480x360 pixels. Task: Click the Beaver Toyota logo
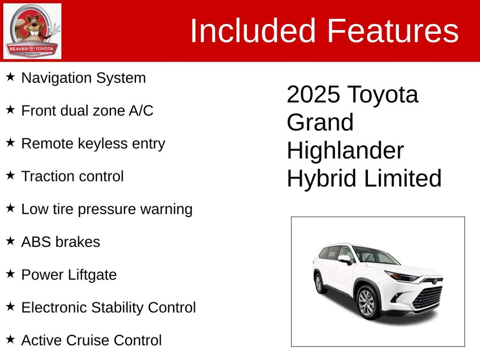click(x=32, y=31)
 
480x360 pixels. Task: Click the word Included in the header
click(x=253, y=31)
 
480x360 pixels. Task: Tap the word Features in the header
click(x=393, y=31)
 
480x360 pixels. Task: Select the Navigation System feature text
click(x=84, y=78)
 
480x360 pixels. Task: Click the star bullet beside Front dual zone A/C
click(x=10, y=110)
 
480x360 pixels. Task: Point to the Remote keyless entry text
click(x=93, y=144)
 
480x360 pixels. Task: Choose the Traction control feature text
click(x=72, y=176)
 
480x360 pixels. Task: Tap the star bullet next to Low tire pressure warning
click(x=10, y=208)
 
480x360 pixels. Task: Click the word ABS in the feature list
click(x=36, y=242)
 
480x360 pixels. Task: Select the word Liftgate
click(x=92, y=275)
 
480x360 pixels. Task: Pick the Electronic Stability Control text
click(x=109, y=307)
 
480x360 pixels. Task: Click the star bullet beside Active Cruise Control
click(x=10, y=339)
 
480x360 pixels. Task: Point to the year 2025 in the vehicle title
click(x=313, y=94)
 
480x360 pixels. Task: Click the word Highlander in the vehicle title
click(x=345, y=150)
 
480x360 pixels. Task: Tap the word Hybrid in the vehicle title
click(x=322, y=179)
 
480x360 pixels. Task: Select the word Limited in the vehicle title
click(x=403, y=178)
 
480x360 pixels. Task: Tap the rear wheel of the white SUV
click(x=319, y=283)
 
